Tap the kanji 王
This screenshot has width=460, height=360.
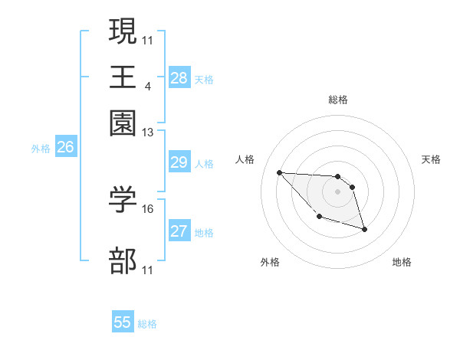123,77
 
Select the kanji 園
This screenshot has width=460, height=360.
123,123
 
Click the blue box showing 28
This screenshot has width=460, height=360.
179,78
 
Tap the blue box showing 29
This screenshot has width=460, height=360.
179,162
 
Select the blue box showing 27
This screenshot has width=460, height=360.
179,231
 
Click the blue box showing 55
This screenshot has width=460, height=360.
123,322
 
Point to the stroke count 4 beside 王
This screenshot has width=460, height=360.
147,86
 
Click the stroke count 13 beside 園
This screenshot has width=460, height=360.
147,133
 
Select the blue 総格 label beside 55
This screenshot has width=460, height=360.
147,324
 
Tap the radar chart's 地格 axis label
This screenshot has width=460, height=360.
402,263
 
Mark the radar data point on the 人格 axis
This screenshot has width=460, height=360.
279,172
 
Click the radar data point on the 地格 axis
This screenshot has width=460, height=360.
364,229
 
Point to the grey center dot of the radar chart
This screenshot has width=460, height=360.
337,191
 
